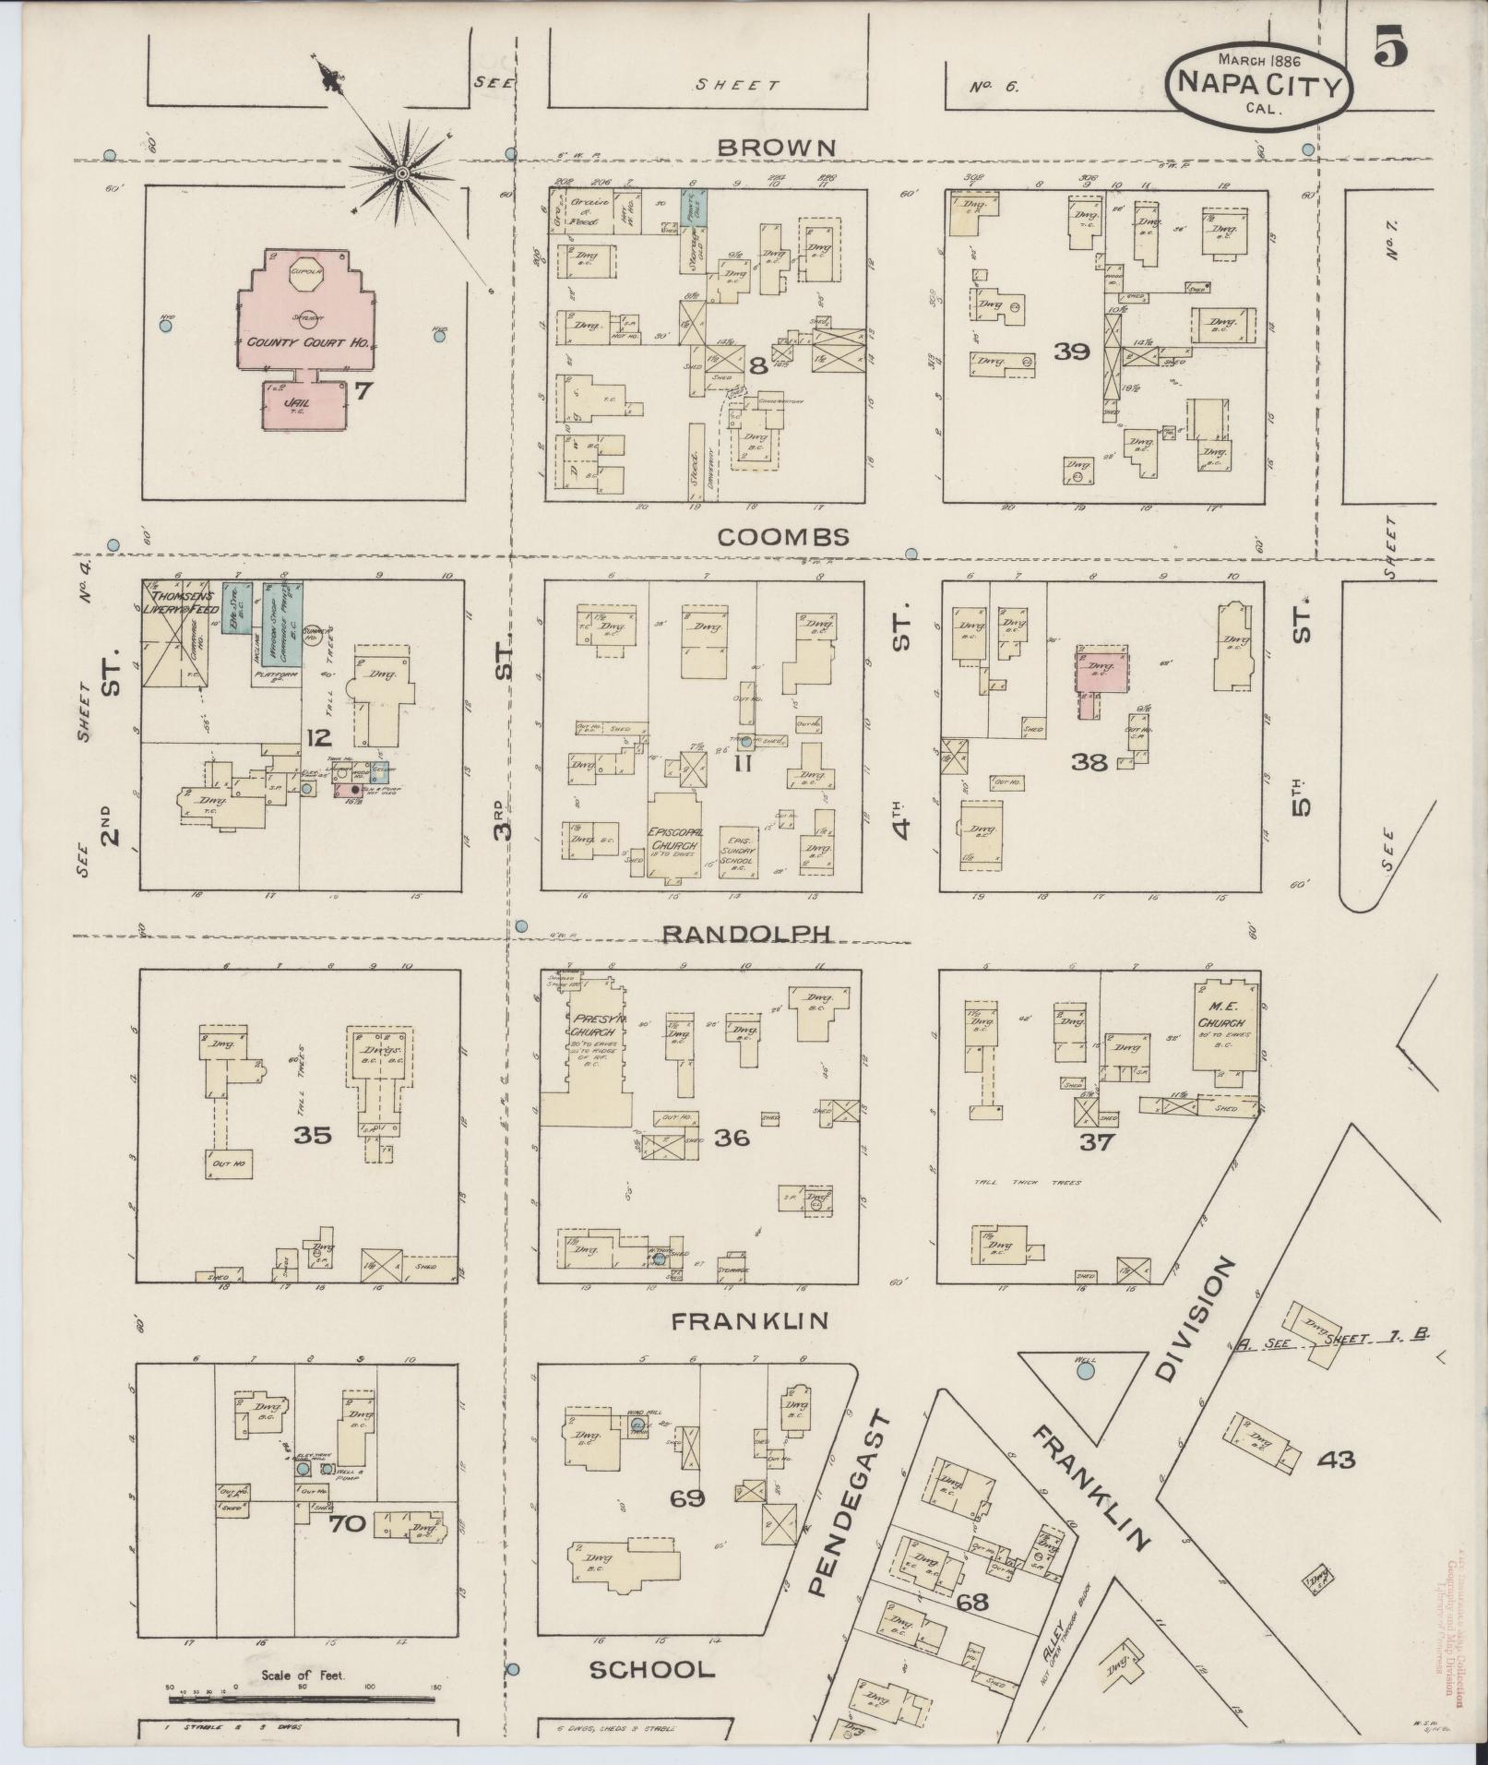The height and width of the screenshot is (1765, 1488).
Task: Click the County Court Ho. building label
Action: tap(308, 342)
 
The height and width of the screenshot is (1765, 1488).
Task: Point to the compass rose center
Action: tap(403, 173)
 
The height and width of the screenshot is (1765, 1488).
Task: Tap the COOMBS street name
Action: tap(782, 537)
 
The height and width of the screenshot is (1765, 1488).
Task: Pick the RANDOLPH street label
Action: tap(747, 934)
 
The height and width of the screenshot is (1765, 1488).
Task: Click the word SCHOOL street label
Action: tap(652, 1669)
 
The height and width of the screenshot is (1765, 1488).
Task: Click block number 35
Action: tap(312, 1136)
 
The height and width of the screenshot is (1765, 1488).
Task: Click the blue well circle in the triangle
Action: tap(1085, 1372)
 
